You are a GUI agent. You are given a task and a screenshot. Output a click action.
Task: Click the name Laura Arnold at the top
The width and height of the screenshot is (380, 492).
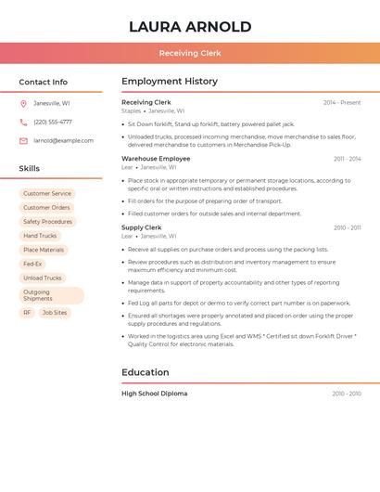[x=190, y=26]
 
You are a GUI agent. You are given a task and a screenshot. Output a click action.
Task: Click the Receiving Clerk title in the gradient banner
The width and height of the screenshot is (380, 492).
[x=190, y=54]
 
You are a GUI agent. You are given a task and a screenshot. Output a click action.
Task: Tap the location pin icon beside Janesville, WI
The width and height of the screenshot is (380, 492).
[x=23, y=103]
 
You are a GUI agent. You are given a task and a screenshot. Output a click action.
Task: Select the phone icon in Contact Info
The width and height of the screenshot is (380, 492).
[x=23, y=122]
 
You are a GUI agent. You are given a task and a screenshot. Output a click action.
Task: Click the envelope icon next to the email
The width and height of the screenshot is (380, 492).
[x=23, y=141]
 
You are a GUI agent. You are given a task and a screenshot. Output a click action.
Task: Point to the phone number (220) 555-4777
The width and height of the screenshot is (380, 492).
[x=53, y=122]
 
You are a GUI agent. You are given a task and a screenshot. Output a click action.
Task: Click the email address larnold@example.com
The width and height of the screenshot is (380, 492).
[x=63, y=141]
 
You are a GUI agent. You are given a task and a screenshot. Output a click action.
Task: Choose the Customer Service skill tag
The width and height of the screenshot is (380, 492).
[x=47, y=194]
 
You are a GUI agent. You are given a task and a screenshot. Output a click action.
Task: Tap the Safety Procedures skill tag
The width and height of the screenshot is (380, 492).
[x=47, y=222]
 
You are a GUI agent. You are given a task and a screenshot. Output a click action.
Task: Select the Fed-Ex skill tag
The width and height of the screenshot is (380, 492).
[x=32, y=264]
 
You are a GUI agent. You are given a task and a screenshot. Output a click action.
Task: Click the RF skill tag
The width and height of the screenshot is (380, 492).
[x=27, y=313]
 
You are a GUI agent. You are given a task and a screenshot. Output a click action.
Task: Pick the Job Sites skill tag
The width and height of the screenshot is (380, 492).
[x=55, y=313]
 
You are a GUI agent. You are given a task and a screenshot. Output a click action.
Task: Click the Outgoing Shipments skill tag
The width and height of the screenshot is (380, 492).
[x=51, y=295]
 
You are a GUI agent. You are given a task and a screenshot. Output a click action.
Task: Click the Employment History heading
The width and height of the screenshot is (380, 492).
[x=170, y=82]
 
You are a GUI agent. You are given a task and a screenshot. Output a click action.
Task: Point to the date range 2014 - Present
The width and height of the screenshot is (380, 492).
[x=342, y=102]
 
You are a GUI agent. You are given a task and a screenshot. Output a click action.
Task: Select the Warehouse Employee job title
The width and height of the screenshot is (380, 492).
[x=156, y=159]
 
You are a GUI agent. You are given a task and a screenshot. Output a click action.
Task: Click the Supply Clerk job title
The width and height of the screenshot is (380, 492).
[x=142, y=227]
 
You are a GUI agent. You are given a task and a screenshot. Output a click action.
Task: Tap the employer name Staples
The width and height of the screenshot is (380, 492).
[x=132, y=110]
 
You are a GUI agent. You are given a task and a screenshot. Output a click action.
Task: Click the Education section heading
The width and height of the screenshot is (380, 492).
[x=146, y=372]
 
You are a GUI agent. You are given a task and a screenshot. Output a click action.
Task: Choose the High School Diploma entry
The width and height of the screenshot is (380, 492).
[x=155, y=394]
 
